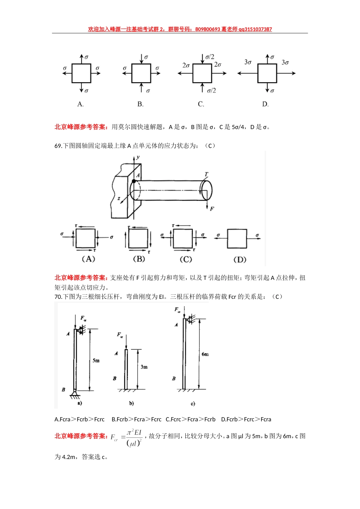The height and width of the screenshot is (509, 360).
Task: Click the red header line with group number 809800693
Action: (180, 29)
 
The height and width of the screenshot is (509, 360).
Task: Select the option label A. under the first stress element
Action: (80, 104)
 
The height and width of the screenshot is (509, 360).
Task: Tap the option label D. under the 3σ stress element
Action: (265, 104)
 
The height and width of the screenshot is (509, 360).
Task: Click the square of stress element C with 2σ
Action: (202, 73)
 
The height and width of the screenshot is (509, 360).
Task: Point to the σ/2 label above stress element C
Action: (210, 57)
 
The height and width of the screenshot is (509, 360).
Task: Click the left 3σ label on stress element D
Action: (248, 62)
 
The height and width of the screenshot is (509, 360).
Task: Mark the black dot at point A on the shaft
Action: (134, 181)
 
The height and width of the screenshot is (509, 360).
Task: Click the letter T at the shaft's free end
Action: (206, 175)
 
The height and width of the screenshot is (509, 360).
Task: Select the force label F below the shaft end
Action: (212, 209)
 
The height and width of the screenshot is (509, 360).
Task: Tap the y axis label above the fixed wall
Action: (138, 157)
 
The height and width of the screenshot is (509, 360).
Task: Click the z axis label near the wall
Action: (119, 198)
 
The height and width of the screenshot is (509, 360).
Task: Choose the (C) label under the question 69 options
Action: (186, 259)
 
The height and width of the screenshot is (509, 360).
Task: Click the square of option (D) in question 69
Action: (237, 239)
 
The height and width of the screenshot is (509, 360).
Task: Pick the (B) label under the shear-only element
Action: (139, 259)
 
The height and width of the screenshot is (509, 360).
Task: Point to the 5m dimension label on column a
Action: (96, 361)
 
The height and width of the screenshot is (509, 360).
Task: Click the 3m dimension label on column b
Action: (144, 367)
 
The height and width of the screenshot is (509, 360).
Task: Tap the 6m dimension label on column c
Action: (205, 354)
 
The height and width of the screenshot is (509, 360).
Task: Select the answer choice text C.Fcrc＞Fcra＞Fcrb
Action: (191, 419)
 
